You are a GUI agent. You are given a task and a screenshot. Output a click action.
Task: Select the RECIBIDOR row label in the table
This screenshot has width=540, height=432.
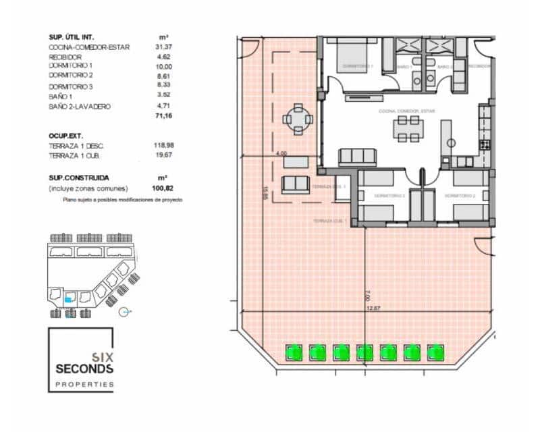(65, 57)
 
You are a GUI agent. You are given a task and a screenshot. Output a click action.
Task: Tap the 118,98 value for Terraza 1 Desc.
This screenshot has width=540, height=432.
(163, 145)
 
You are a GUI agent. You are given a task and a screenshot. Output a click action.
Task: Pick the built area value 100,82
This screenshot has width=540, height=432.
(163, 188)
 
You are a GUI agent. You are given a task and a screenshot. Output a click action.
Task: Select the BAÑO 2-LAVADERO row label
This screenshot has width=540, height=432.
(80, 107)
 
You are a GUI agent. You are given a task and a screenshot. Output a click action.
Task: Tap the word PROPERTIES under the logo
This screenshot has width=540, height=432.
(84, 384)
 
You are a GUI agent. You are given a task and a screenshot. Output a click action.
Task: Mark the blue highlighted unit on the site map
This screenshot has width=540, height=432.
(69, 298)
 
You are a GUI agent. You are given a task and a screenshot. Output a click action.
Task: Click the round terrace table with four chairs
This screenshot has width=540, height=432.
(298, 119)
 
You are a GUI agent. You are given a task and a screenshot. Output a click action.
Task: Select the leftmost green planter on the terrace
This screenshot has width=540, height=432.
(293, 351)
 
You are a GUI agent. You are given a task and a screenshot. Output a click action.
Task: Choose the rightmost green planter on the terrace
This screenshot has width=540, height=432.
(435, 351)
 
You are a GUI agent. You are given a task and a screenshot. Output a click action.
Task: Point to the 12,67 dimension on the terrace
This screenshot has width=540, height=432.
(373, 308)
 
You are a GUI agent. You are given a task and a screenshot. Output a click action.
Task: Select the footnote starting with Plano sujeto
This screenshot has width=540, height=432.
(122, 200)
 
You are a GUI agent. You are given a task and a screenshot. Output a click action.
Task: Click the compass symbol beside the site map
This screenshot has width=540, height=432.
(124, 312)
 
